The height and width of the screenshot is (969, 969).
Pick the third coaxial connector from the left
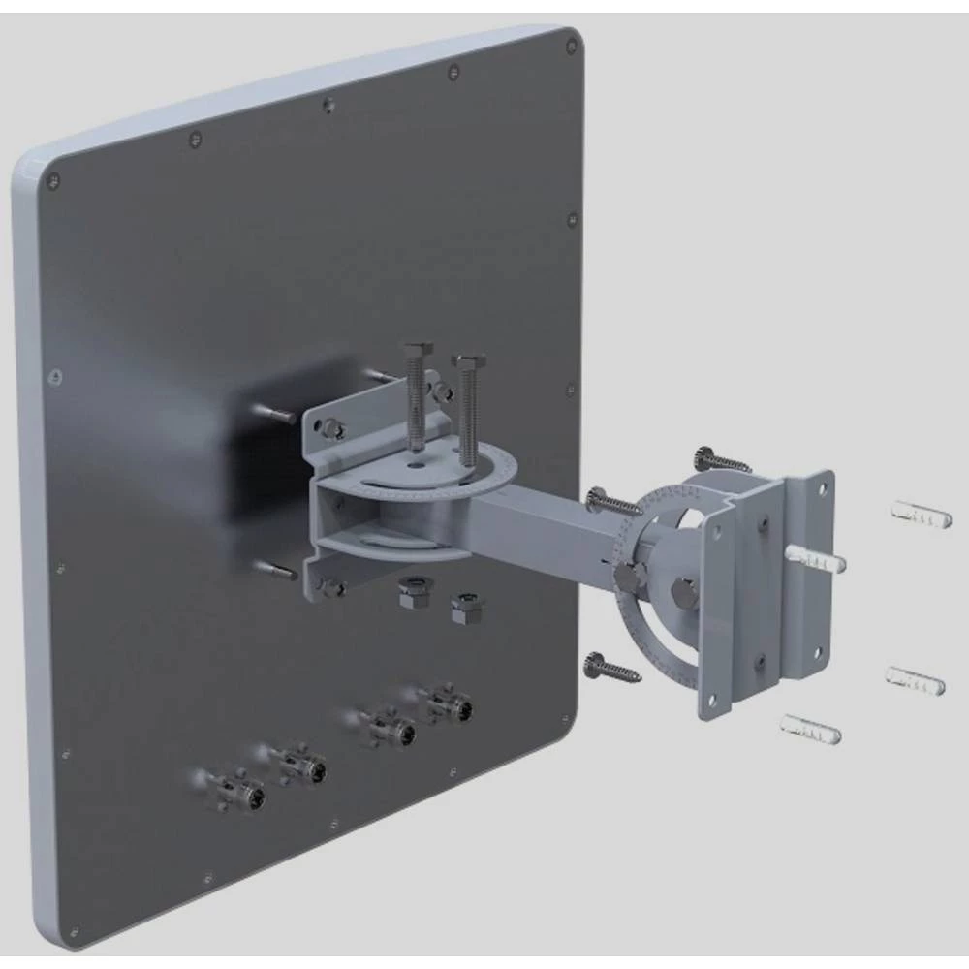(380, 727)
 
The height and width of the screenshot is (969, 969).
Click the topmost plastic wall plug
(921, 515)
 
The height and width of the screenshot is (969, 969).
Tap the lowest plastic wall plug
(810, 729)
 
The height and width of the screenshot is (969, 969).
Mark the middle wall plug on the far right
(915, 680)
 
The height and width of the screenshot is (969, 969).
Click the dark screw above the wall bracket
(720, 460)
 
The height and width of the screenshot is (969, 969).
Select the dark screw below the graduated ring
(611, 667)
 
